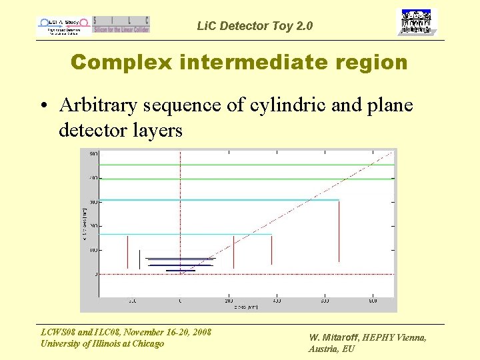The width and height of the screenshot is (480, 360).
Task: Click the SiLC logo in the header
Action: coord(121,25)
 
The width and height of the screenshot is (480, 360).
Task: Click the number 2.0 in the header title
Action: coord(302,27)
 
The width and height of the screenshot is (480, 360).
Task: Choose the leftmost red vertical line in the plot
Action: coord(127,251)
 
